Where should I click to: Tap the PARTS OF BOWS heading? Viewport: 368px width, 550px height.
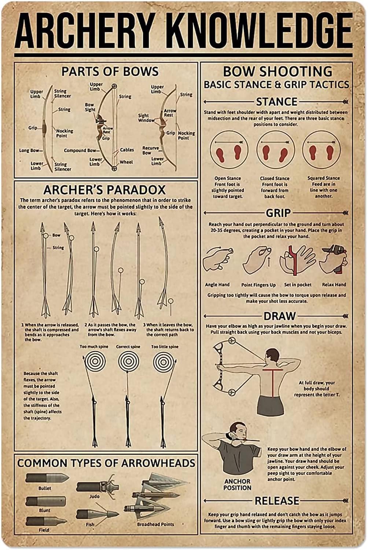pos(110,71)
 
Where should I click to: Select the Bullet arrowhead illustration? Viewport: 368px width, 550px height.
pos(47,478)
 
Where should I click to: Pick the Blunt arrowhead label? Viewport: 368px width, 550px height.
pos(44,510)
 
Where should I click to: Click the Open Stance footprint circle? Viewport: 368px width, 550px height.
pos(229,150)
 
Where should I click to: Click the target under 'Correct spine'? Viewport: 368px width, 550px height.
pos(128,361)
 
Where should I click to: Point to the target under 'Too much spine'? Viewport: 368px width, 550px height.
pos(95,361)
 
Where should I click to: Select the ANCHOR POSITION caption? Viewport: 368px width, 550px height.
pos(237,484)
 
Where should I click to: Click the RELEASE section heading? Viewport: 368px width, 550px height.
pos(277,501)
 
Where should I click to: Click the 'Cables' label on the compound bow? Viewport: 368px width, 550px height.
pos(127,150)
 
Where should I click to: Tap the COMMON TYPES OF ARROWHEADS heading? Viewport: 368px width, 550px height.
pos(106,463)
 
